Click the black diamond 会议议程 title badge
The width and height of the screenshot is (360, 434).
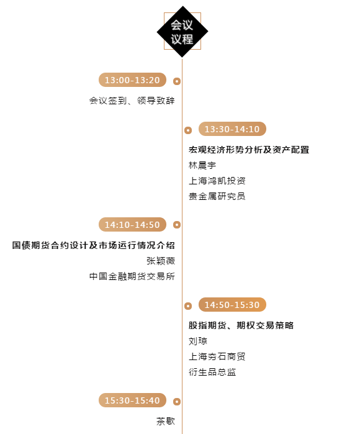(182, 32)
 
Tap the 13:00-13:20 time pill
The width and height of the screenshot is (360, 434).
(132, 79)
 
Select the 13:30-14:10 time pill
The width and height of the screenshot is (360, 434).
(232, 129)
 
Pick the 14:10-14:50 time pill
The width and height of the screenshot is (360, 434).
(132, 225)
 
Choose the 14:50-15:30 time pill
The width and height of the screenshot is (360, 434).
(232, 304)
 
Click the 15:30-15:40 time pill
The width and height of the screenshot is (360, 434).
(132, 400)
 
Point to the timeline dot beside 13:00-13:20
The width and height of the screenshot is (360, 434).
(177, 81)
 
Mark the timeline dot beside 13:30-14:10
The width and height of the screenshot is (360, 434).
(188, 130)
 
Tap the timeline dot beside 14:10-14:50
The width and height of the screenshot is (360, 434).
(177, 225)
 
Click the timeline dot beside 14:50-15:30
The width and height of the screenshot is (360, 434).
(188, 306)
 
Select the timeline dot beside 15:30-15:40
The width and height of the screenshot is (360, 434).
(177, 401)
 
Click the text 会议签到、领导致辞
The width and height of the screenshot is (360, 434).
(132, 101)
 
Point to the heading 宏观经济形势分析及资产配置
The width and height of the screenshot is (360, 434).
(249, 150)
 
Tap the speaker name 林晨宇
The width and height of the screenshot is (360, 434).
(202, 165)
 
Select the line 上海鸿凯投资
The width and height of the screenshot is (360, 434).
(217, 181)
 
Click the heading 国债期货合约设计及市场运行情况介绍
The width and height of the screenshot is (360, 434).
(94, 245)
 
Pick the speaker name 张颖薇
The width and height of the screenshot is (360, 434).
(161, 261)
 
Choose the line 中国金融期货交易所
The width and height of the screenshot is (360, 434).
(132, 276)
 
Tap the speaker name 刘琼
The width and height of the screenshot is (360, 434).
(198, 341)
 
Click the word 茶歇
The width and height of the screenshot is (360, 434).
(166, 421)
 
